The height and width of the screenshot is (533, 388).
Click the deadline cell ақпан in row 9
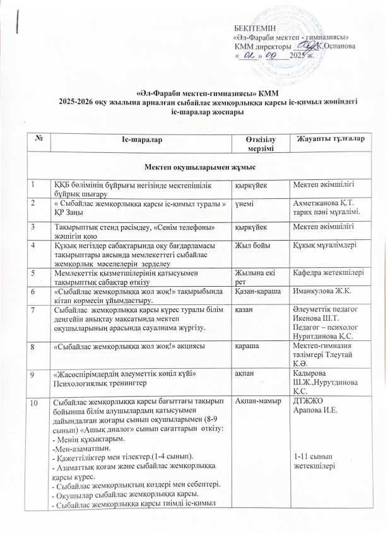[x=245, y=374]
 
